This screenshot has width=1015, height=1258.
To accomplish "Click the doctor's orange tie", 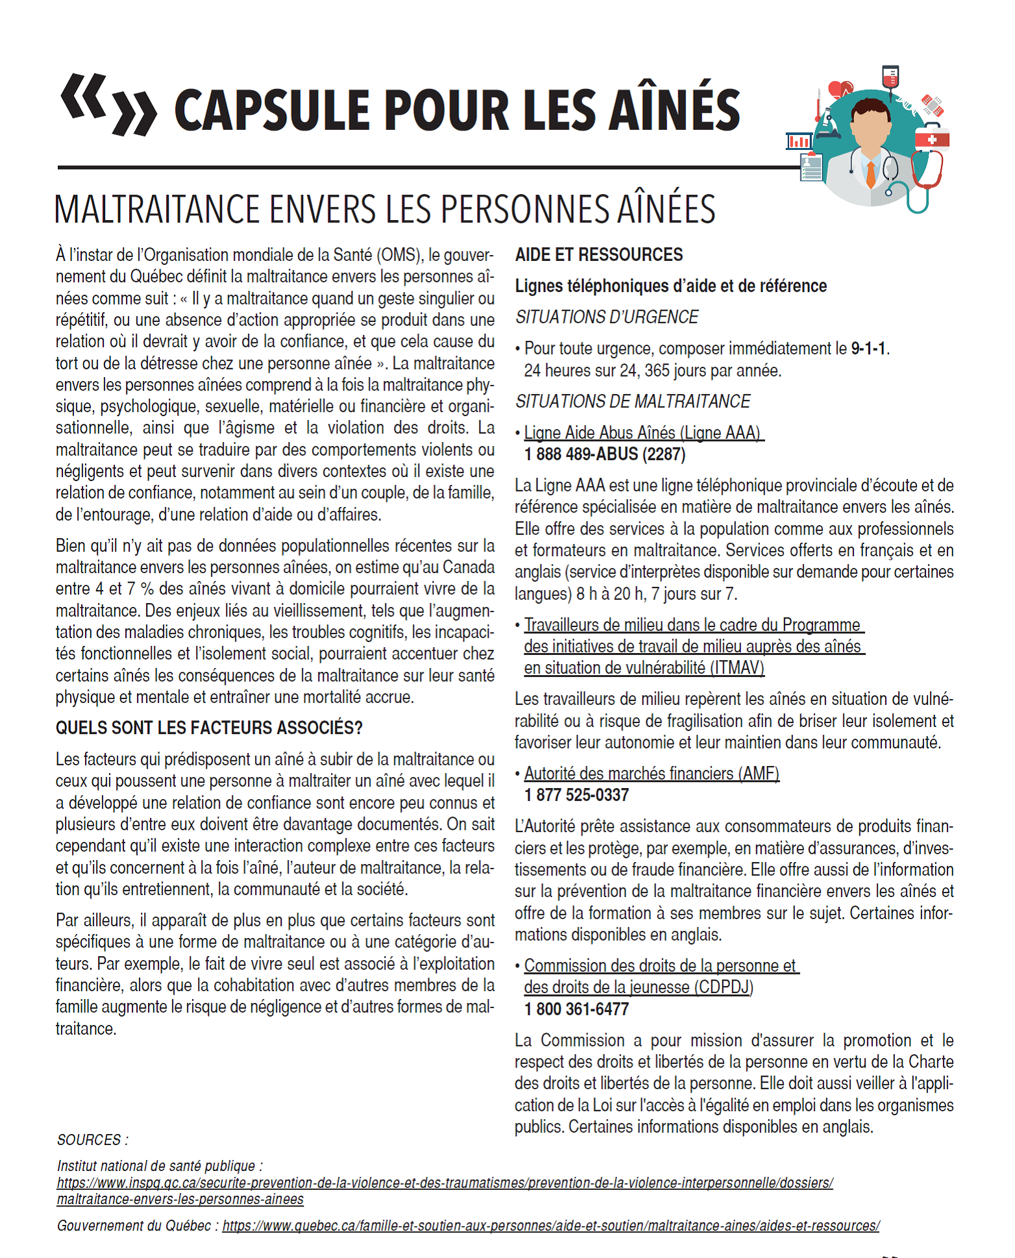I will (871, 174).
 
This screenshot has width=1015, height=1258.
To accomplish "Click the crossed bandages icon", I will (933, 105).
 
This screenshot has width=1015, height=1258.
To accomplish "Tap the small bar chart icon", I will (799, 141).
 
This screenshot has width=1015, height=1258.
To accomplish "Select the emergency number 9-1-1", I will (868, 349).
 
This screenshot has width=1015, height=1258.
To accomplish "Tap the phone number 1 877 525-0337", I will (576, 795).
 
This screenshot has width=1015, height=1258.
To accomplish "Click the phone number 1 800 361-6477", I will (576, 1009).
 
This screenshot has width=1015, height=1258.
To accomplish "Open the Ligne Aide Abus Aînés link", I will (642, 433).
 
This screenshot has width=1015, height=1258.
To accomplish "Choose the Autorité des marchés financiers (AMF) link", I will (652, 774).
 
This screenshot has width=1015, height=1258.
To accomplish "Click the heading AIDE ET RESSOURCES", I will (598, 254).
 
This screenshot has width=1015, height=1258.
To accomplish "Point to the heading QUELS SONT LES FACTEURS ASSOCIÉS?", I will (209, 728).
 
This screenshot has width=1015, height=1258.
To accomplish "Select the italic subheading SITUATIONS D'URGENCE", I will (607, 317).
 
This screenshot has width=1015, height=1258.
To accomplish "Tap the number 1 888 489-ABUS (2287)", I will (605, 454).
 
